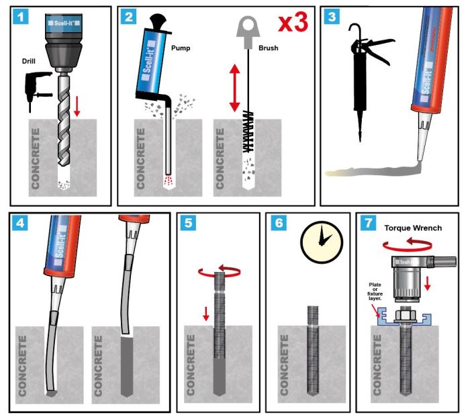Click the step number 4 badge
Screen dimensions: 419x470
tap(22, 224)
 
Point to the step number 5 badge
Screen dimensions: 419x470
tap(189, 224)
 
